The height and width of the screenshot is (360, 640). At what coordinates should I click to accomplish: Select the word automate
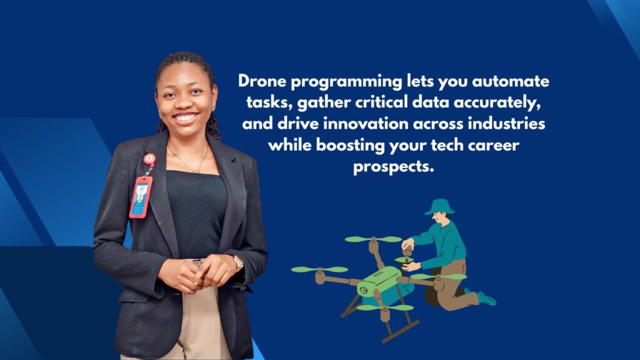pyautogui.click(x=511, y=82)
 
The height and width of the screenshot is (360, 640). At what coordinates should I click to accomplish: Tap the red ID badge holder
pyautogui.click(x=141, y=197)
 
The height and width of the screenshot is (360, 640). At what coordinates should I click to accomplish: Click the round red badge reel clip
pyautogui.click(x=149, y=159)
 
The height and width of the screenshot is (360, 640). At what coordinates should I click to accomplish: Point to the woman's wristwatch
pyautogui.click(x=238, y=262)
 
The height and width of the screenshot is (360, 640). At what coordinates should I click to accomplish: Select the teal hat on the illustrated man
pyautogui.click(x=439, y=207)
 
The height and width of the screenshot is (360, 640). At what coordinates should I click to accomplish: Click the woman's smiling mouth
pyautogui.click(x=186, y=117)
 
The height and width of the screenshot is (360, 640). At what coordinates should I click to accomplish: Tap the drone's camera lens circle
pyautogui.click(x=363, y=291)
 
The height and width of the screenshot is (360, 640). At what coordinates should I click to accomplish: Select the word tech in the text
pyautogui.click(x=447, y=145)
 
